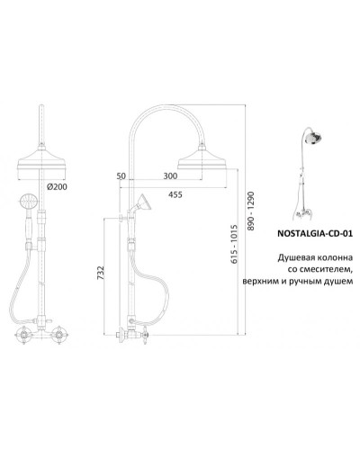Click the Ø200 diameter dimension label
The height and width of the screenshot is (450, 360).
pyautogui.click(x=57, y=186)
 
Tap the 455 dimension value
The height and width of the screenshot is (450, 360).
pyautogui.click(x=175, y=194)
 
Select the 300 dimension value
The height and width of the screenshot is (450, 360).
pyautogui.click(x=170, y=175)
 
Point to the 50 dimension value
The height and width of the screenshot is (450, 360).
pyautogui.click(x=121, y=175)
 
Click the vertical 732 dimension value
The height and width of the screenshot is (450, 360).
pyautogui.click(x=101, y=273)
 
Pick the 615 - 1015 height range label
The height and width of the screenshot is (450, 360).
pyautogui.click(x=234, y=244)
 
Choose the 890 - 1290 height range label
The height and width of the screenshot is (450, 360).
pyautogui.click(x=251, y=211)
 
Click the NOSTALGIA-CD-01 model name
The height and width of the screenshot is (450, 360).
pyautogui.click(x=314, y=233)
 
